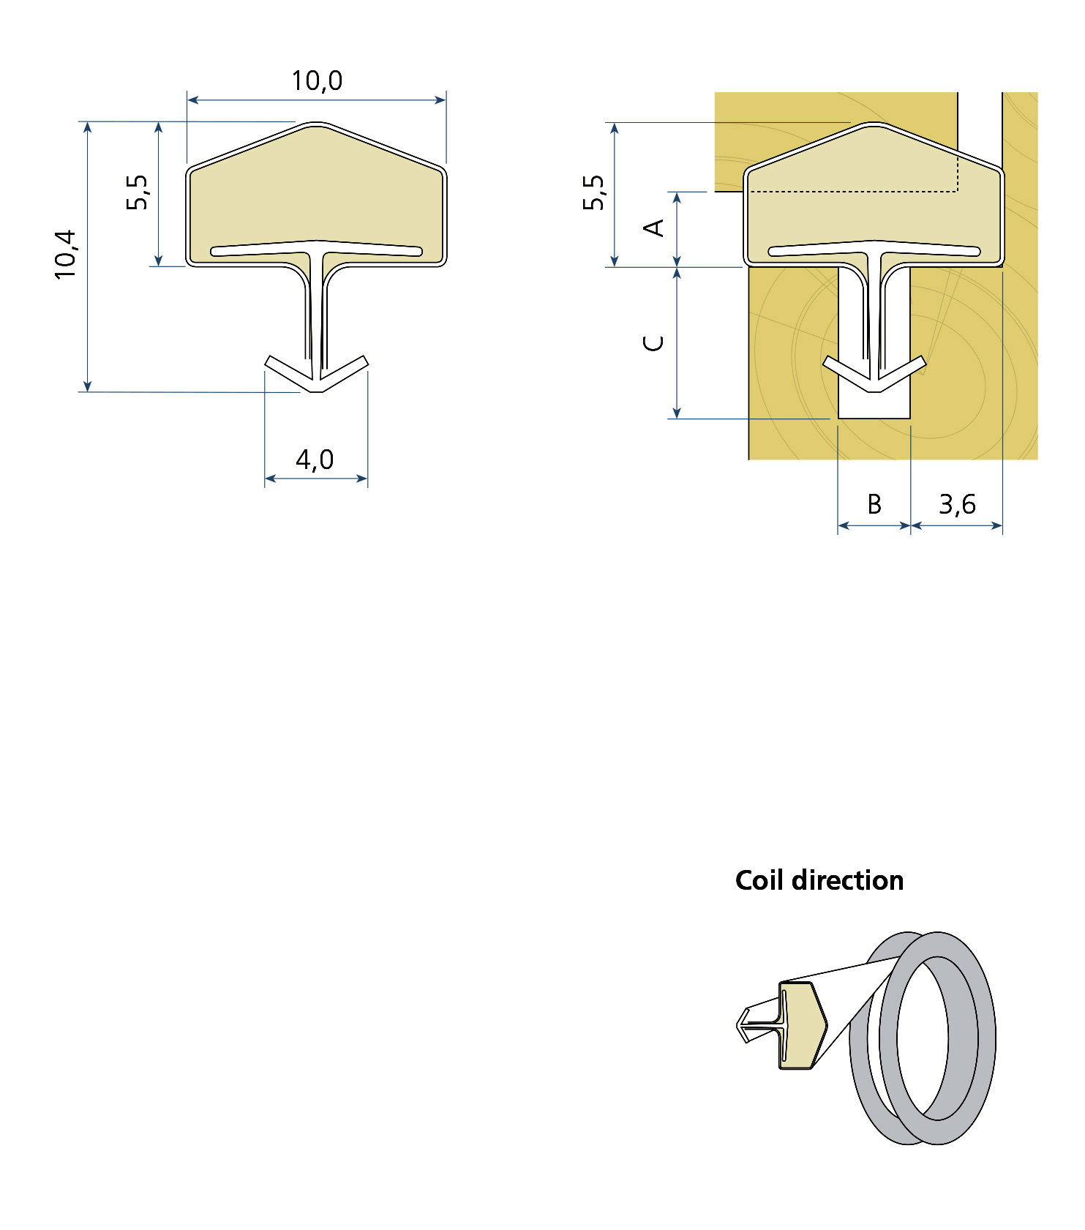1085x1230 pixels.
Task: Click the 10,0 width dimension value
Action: click(317, 81)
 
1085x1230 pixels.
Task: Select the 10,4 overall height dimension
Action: click(66, 254)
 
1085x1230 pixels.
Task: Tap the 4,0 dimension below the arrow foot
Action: click(315, 460)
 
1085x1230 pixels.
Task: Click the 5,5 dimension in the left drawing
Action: click(137, 192)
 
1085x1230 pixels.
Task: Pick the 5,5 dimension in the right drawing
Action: click(594, 192)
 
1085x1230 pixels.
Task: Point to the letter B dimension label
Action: click(874, 504)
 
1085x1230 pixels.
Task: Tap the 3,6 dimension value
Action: click(957, 504)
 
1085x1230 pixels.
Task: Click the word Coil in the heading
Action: click(760, 880)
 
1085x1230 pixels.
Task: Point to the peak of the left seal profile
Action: click(316, 124)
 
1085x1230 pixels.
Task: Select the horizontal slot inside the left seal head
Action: click(316, 251)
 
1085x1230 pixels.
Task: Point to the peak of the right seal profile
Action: click(874, 124)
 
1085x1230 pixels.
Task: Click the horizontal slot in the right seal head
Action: click(874, 251)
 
